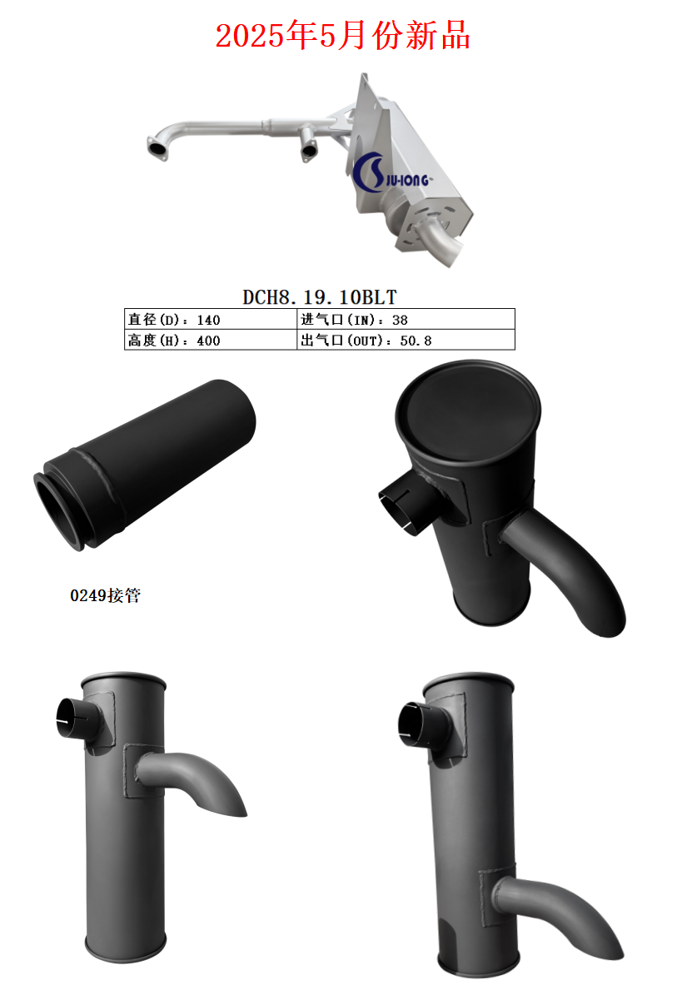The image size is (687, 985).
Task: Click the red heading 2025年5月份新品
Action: [342, 36]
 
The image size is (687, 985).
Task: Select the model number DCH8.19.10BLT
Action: [320, 296]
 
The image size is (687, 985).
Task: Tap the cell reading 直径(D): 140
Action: [174, 319]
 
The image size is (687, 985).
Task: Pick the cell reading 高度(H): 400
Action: [174, 340]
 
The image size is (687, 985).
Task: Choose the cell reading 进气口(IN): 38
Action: [354, 319]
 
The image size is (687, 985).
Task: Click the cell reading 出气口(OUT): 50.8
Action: [366, 340]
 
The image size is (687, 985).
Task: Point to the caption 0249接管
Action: [105, 596]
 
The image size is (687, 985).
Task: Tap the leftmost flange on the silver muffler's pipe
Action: [157, 148]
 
